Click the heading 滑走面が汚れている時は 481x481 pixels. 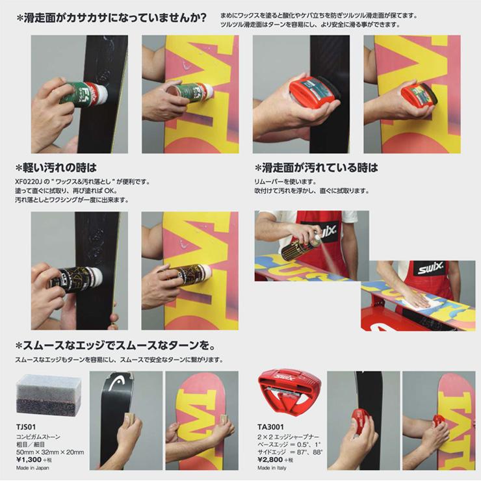click(x=317, y=168)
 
